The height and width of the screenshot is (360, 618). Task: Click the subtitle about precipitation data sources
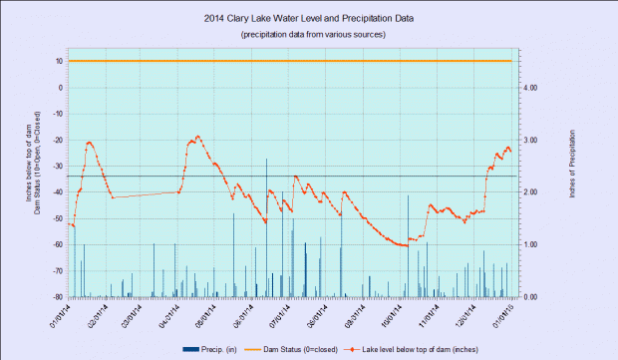click(308, 35)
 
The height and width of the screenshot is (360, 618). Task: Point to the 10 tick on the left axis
click(60, 61)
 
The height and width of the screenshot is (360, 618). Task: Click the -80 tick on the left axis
click(59, 297)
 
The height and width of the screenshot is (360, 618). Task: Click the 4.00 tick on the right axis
click(531, 87)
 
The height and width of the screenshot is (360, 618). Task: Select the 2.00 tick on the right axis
click(531, 191)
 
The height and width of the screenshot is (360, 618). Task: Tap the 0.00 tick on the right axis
click(531, 297)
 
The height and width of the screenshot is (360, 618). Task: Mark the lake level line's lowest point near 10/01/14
click(403, 244)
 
